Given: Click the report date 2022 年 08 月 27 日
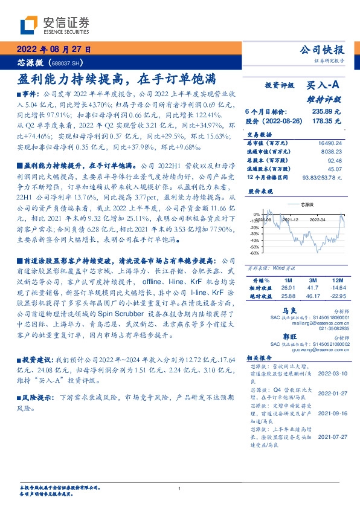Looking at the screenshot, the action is pyautogui.click(x=53, y=50).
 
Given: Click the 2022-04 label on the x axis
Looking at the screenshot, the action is pyautogui.click(x=318, y=220).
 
